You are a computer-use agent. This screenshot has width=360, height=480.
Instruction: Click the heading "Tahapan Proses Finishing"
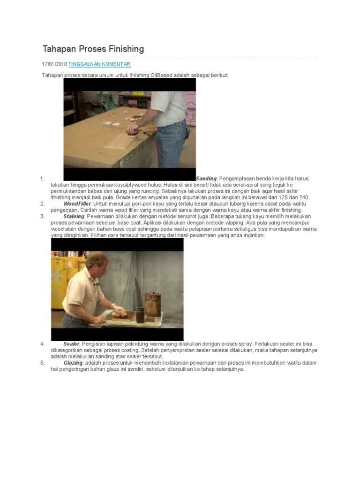93,49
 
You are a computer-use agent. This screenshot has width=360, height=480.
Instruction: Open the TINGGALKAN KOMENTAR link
99,64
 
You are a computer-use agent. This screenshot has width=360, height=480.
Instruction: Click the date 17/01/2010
55,64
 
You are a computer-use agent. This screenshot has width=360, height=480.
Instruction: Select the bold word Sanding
206,179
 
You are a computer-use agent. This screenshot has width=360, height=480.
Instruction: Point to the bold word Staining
74,217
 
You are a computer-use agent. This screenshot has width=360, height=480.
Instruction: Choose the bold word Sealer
72,344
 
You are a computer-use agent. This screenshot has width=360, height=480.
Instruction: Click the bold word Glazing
73,363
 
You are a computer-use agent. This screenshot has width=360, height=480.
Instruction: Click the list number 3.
43,217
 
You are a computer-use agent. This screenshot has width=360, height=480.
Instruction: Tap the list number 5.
43,363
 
